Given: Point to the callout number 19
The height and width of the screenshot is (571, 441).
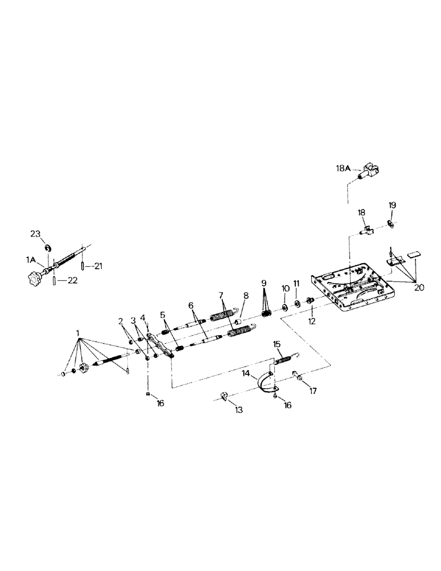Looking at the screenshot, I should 392,205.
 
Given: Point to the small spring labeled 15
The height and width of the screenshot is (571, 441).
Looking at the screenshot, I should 284,360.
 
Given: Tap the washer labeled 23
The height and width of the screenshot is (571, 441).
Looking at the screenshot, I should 48,247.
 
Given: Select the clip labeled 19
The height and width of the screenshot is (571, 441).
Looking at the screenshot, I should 390,223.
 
